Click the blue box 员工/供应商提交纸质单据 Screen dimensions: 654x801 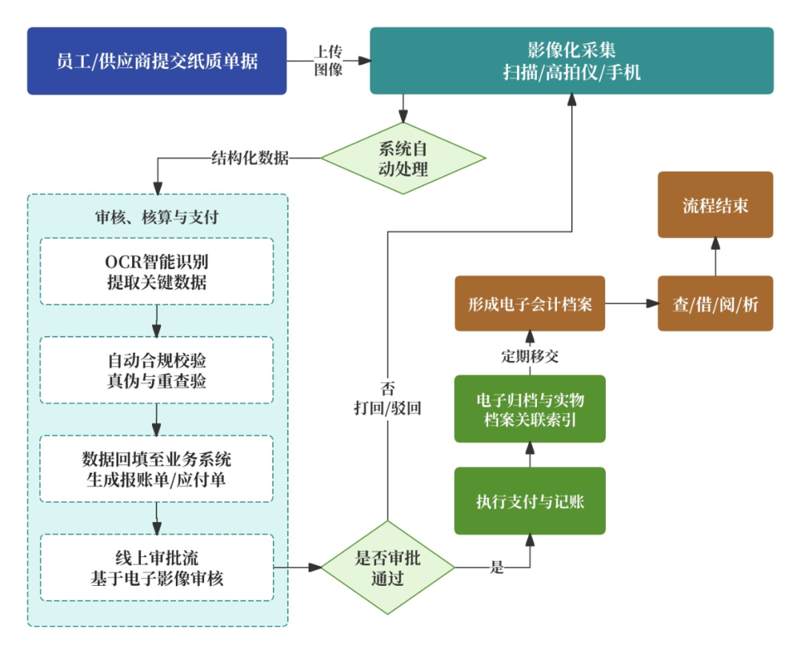tap(156, 61)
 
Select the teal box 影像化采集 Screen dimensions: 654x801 tap(571, 61)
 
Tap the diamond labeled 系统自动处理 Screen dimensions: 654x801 tap(403, 159)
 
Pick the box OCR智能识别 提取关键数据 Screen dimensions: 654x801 tap(156, 271)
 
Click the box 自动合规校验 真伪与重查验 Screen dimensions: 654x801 tap(156, 370)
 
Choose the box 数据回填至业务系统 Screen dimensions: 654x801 tap(156, 469)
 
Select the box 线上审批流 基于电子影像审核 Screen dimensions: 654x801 tap(156, 567)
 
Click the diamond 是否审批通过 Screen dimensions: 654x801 tap(387, 568)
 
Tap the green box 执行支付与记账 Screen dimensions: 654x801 tap(530, 501)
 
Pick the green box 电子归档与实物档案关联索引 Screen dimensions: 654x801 tap(530, 409)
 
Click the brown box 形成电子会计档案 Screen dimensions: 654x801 tap(530, 303)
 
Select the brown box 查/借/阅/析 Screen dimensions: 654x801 tap(715, 303)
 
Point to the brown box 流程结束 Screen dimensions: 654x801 tap(715, 205)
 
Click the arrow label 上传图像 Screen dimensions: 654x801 tap(328, 61)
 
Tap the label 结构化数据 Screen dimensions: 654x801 tap(250, 158)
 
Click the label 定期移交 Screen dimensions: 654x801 tap(530, 357)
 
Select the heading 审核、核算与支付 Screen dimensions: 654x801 tap(156, 217)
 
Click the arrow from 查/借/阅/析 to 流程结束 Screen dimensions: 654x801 tap(715, 257)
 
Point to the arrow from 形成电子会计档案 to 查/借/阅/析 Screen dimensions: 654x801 tap(631, 303)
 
